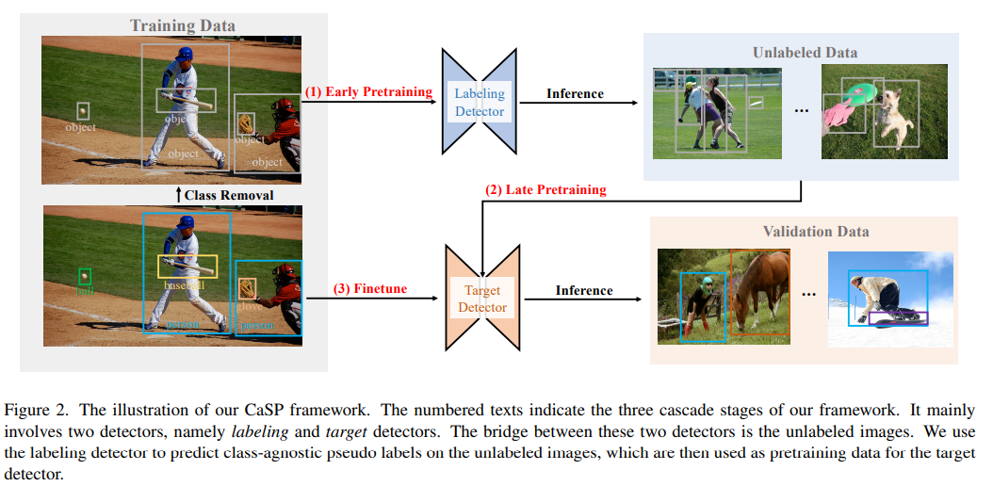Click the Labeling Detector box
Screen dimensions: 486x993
pyautogui.click(x=480, y=102)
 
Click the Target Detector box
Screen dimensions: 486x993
pyautogui.click(x=481, y=299)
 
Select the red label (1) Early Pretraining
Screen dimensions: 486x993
pyautogui.click(x=367, y=91)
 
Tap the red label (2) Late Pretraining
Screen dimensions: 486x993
pyautogui.click(x=545, y=189)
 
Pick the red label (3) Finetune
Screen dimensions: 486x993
pyautogui.click(x=370, y=288)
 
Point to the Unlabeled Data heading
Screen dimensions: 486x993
pyautogui.click(x=805, y=52)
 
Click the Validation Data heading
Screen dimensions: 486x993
pyautogui.click(x=816, y=231)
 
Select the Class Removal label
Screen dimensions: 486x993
pyautogui.click(x=228, y=195)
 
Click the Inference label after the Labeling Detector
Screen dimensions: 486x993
pyautogui.click(x=575, y=93)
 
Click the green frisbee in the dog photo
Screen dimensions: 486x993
pyautogui.click(x=858, y=92)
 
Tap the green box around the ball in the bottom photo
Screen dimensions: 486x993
pyautogui.click(x=85, y=276)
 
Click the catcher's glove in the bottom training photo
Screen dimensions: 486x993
pyautogui.click(x=247, y=288)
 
